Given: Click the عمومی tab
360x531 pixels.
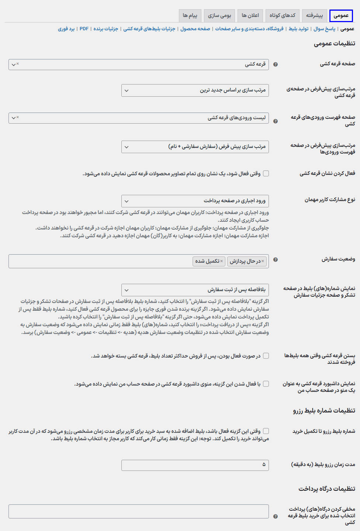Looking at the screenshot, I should click(x=341, y=15).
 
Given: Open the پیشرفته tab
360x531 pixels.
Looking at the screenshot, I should click(x=314, y=15).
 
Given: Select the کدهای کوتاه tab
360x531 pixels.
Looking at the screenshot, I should click(x=282, y=15).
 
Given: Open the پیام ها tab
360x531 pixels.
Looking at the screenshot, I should click(x=190, y=15).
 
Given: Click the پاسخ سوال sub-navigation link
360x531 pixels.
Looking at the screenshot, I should click(x=325, y=29).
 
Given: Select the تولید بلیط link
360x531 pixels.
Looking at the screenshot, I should click(x=298, y=29).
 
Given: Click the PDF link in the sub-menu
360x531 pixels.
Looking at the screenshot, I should click(x=84, y=29).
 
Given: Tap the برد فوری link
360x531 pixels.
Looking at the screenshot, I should click(x=66, y=29).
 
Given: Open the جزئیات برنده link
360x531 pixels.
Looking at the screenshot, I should click(x=105, y=29).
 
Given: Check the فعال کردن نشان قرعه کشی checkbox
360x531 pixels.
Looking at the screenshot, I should click(x=266, y=173).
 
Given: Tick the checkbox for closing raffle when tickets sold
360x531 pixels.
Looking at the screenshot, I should click(x=266, y=356).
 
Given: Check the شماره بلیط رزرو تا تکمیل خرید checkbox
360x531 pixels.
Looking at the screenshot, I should click(x=266, y=431).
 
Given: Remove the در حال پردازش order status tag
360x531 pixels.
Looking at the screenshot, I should click(x=263, y=261).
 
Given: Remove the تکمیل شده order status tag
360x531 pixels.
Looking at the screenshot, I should click(x=222, y=261).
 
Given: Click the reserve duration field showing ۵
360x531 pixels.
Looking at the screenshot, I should click(x=195, y=465).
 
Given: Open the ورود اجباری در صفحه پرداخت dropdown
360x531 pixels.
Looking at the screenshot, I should click(x=195, y=201).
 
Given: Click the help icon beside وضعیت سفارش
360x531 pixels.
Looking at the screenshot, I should click(x=275, y=260).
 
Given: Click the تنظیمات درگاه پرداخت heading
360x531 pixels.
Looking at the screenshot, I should click(x=327, y=489).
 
